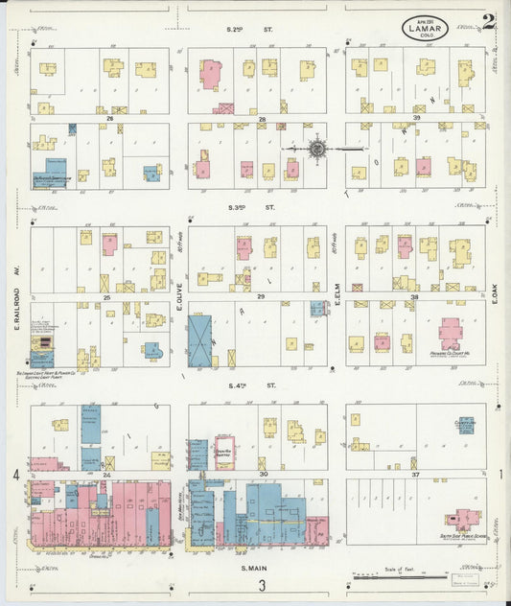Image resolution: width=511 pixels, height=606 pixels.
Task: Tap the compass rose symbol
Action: [317, 149]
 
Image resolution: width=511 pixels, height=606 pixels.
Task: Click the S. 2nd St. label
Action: [250, 30]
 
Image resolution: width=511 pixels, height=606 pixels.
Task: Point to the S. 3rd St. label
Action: [251, 207]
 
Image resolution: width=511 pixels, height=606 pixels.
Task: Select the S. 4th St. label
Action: [251, 385]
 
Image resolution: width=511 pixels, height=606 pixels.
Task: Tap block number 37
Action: [416, 475]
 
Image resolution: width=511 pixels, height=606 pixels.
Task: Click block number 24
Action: [107, 475]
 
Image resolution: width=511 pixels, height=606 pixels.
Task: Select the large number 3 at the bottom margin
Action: [260, 586]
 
